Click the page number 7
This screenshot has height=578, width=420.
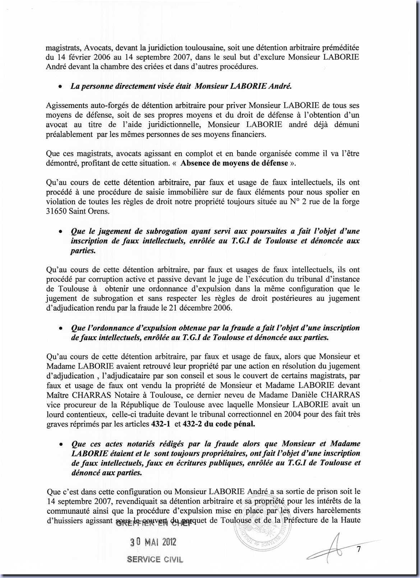click(x=358, y=549)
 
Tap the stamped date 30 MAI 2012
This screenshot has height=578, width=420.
click(x=153, y=542)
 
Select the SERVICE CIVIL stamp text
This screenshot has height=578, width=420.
click(x=155, y=559)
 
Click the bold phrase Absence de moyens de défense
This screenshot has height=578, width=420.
click(x=234, y=163)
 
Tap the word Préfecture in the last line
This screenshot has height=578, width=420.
click(x=305, y=520)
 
